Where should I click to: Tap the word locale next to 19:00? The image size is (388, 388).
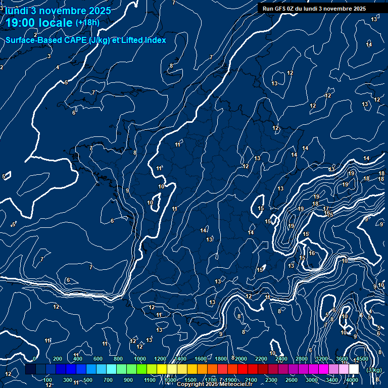click(56, 23)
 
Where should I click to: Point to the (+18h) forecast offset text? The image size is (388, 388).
click(87, 23)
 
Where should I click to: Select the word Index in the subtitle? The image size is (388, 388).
click(155, 40)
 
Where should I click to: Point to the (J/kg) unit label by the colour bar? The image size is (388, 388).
click(374, 370)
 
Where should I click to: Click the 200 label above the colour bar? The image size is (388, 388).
click(57, 359)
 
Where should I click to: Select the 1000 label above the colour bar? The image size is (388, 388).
click(140, 359)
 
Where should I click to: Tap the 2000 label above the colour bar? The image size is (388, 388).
click(241, 359)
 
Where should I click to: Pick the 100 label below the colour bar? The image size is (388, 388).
click(47, 380)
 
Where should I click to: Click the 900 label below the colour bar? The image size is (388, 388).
click(128, 380)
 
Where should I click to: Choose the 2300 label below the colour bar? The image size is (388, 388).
click(271, 380)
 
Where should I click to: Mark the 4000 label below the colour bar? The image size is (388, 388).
click(352, 380)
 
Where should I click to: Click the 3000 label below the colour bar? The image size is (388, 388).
click(312, 380)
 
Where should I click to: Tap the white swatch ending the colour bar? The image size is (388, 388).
click(354, 369)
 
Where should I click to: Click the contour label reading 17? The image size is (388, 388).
click(326, 209)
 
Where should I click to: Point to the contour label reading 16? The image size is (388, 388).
click(312, 253)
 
